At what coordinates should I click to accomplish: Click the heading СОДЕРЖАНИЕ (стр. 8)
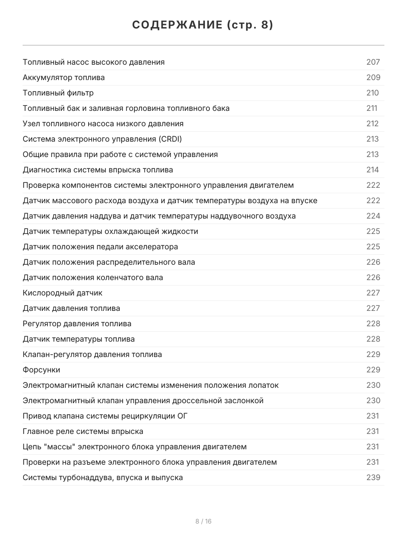203,25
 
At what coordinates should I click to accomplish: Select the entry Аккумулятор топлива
64,77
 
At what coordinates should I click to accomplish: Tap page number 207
373,62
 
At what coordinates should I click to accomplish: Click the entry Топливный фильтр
58,93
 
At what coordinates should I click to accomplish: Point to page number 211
372,108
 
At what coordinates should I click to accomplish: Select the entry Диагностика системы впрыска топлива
98,170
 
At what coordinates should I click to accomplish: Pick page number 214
373,170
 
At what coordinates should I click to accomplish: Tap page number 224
373,216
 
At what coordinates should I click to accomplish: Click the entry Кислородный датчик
62,293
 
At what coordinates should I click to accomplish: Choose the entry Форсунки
41,370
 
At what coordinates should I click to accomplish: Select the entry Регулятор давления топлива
77,324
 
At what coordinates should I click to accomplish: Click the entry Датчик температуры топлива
79,339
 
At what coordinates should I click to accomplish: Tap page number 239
373,477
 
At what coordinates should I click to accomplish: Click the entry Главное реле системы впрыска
83,431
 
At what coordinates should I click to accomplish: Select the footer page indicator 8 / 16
203,521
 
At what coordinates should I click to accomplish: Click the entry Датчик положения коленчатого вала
93,277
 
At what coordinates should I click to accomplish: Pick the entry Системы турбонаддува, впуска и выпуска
103,477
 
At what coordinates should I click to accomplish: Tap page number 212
373,124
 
